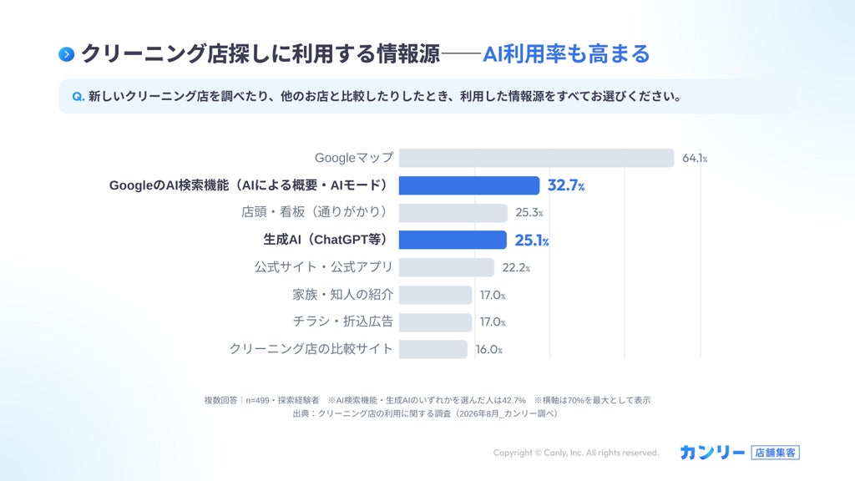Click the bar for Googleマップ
pos(536,158)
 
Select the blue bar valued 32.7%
pos(469,185)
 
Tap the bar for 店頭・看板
pos(453,213)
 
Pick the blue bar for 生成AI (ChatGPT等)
pos(453,240)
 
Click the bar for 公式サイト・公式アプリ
pos(446,267)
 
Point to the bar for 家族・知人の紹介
pos(435,295)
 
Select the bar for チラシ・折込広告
pos(435,322)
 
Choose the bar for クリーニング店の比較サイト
pos(433,350)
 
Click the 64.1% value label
pos(695,158)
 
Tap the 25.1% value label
pos(532,240)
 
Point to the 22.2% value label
pos(516,267)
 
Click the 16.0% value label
pos(488,350)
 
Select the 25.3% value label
pos(529,213)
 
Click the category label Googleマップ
pos(354,158)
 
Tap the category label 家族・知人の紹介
pos(342,295)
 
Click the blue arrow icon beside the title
pos(67,54)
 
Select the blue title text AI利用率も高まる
pos(566,54)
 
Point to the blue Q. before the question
pos(78,97)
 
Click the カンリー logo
pos(712,453)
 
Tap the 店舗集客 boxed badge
pos(776,453)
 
